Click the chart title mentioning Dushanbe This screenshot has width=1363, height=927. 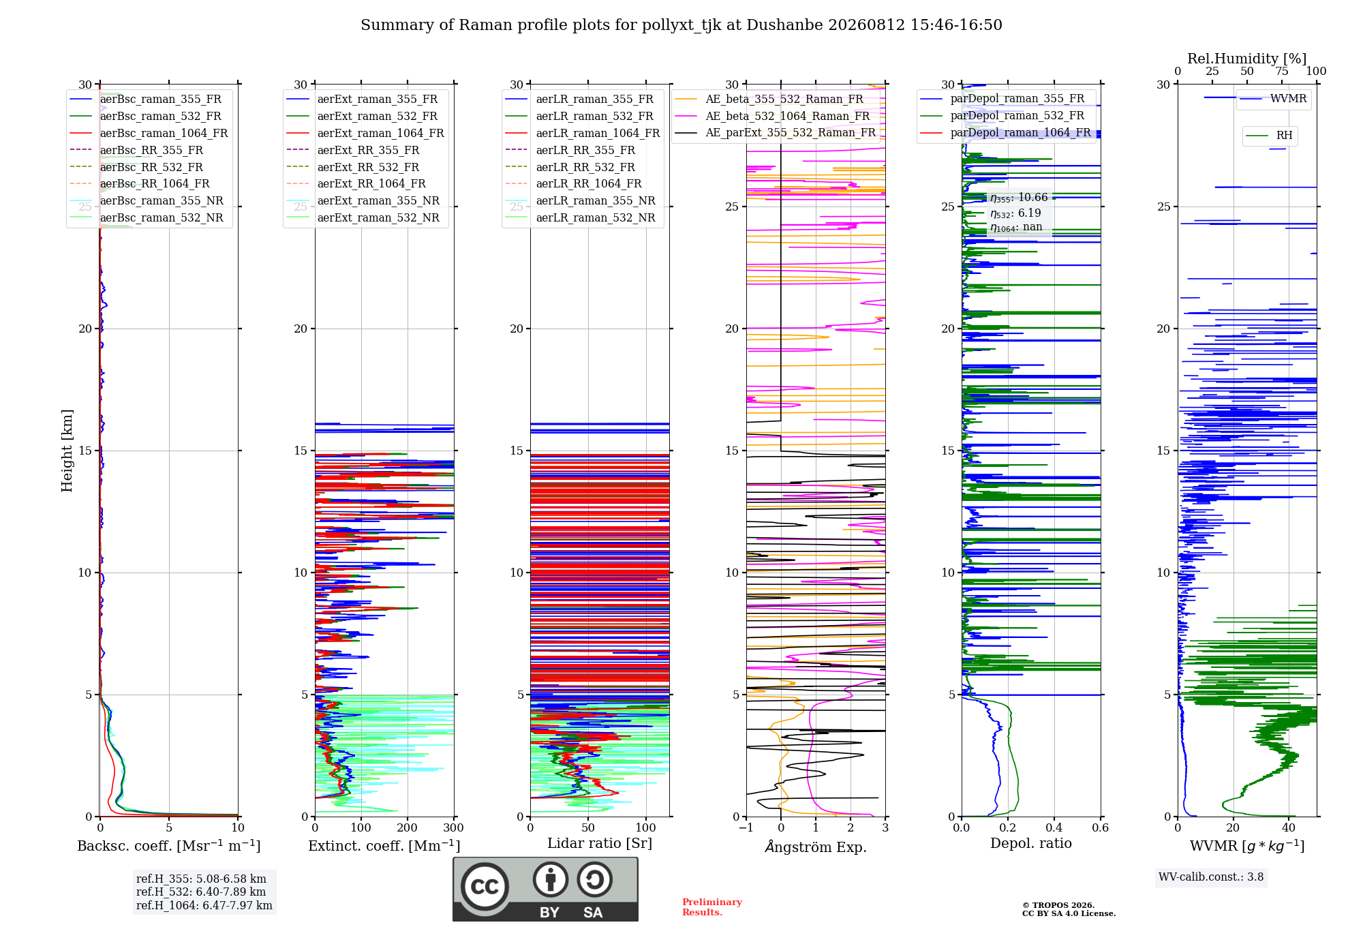[681, 25]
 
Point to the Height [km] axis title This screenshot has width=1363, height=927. [67, 451]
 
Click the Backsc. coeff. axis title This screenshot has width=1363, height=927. [169, 846]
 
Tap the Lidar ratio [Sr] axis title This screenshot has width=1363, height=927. [600, 843]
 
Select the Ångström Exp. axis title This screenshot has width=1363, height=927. [816, 847]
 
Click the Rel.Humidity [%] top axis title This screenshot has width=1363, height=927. [1247, 59]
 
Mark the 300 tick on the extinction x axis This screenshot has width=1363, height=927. [453, 827]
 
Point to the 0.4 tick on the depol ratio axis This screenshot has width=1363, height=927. [1054, 827]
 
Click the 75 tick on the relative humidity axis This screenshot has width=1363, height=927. [1282, 71]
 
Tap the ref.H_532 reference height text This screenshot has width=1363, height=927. [201, 892]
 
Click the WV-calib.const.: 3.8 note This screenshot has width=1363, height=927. [1211, 877]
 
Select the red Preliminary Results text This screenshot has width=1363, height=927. [712, 907]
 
